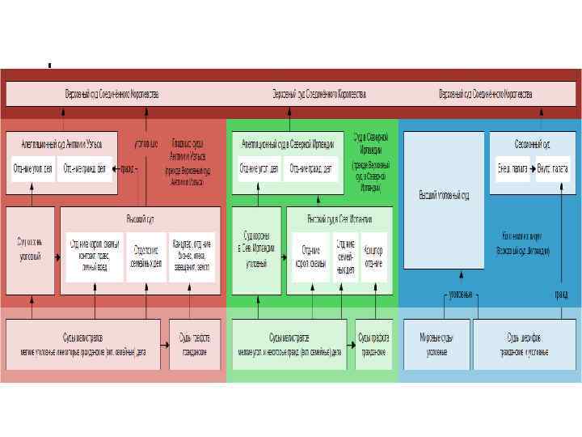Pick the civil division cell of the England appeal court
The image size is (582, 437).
(x=85, y=169)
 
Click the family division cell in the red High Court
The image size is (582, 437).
(x=146, y=257)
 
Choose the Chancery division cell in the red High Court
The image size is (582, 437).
(x=192, y=257)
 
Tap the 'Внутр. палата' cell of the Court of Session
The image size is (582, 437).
(x=552, y=169)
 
